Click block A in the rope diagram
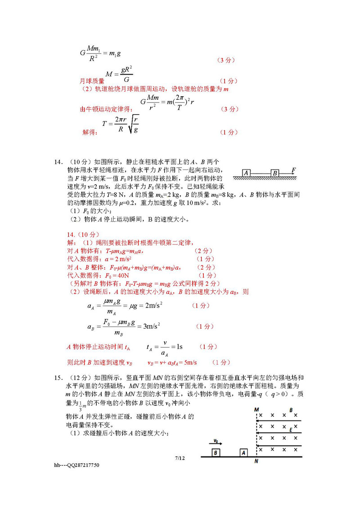pyautogui.click(x=246, y=173)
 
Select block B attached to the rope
pyautogui.click(x=274, y=173)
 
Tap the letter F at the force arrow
pyautogui.click(x=293, y=170)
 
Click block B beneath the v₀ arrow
pyautogui.click(x=216, y=452)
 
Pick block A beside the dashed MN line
pyautogui.click(x=243, y=452)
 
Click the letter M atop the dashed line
pyautogui.click(x=256, y=410)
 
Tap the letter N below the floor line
pyautogui.click(x=256, y=461)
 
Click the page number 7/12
pyautogui.click(x=180, y=458)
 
